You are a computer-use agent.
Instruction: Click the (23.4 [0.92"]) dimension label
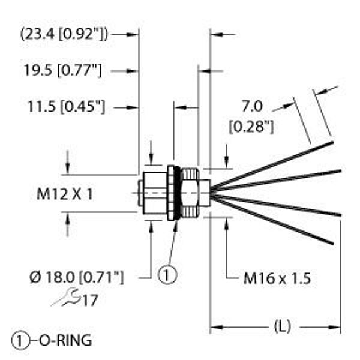[x=64, y=34]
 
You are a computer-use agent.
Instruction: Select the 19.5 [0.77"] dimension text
[x=62, y=71]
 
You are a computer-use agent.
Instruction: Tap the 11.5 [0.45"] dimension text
[x=66, y=107]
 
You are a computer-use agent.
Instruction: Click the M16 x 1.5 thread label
[x=277, y=278]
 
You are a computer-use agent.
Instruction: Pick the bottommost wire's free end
[x=331, y=242]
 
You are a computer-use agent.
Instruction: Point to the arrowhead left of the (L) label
[x=215, y=327]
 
